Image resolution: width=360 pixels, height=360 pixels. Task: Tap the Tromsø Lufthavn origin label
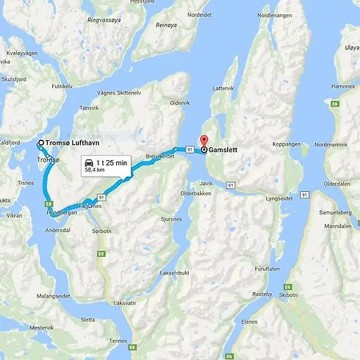click(78, 143)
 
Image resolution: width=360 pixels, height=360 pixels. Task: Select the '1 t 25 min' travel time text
click(111, 162)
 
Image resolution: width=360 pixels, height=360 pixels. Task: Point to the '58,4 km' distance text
click(106, 170)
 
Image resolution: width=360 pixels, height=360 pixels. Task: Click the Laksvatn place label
click(125, 303)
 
